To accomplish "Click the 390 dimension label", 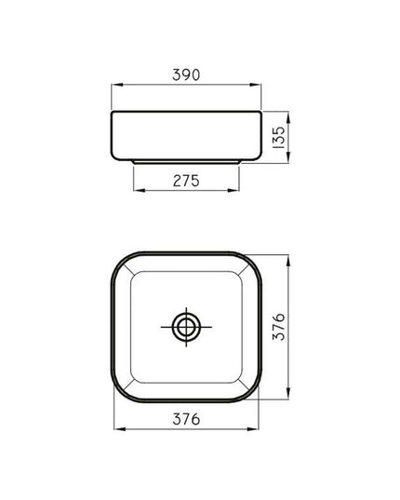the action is [186, 74].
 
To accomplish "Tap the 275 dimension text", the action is [186, 181].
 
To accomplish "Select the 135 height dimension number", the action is [279, 137].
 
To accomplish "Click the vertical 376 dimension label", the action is [279, 327].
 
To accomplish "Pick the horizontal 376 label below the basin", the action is [186, 419].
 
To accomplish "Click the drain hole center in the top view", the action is [186, 327].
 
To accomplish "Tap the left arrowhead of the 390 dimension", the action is [117, 85].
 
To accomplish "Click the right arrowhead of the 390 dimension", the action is [256, 85].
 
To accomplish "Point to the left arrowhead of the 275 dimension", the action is [140, 190].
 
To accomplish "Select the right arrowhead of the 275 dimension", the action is [233, 190].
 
